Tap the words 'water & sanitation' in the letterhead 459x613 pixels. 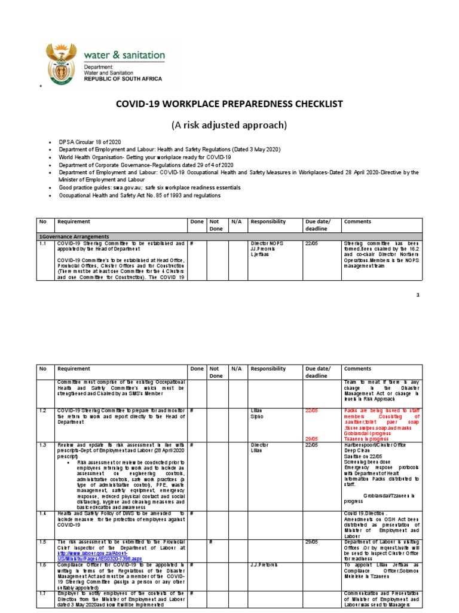click(x=124, y=55)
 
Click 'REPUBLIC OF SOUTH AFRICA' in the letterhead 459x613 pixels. click(x=124, y=78)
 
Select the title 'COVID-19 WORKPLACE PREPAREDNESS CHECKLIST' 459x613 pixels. click(x=229, y=104)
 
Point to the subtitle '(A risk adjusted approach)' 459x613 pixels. click(x=229, y=125)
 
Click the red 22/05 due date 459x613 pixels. click(x=312, y=411)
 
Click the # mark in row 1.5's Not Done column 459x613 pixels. click(x=211, y=542)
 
